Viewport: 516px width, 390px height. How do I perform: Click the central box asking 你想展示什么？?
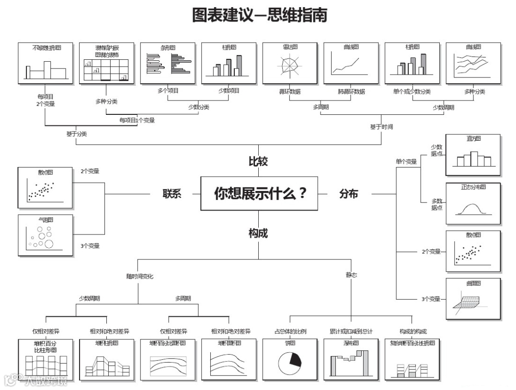(259, 194)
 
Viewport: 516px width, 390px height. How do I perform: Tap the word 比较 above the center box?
(258, 161)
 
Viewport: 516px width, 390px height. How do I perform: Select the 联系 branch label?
(172, 194)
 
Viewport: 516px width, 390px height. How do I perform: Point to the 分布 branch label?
(348, 194)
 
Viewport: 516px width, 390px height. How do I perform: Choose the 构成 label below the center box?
(258, 233)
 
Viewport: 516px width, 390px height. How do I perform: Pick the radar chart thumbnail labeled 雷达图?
(290, 63)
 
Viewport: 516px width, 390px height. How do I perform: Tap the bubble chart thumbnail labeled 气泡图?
(46, 235)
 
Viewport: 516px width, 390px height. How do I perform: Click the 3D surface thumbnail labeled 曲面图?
(473, 299)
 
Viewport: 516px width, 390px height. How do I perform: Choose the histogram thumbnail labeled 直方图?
(473, 155)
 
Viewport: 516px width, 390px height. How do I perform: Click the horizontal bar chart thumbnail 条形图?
(168, 63)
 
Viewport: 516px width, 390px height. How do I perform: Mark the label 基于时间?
(381, 127)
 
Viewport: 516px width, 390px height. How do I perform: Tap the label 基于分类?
(76, 134)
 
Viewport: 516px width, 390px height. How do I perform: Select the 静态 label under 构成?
(351, 275)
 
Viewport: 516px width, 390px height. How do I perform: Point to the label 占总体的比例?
(290, 331)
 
